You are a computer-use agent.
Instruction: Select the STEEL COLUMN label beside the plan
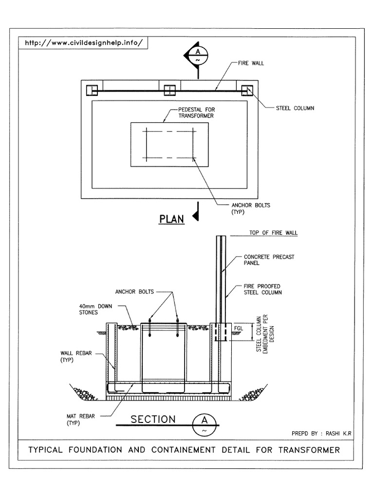click(x=295, y=108)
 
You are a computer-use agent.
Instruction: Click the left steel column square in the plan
click(x=92, y=90)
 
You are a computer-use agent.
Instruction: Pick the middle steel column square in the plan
click(x=169, y=90)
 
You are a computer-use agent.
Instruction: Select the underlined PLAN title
click(x=172, y=219)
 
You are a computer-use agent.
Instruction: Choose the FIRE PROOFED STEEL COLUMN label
click(x=262, y=289)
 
